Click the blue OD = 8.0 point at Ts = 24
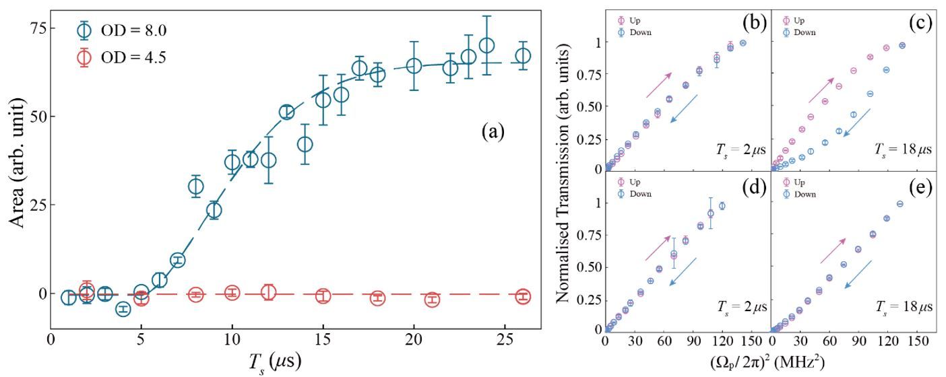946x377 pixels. [486, 46]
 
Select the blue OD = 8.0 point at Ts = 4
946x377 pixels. [123, 309]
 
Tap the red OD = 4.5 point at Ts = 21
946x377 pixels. [432, 300]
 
